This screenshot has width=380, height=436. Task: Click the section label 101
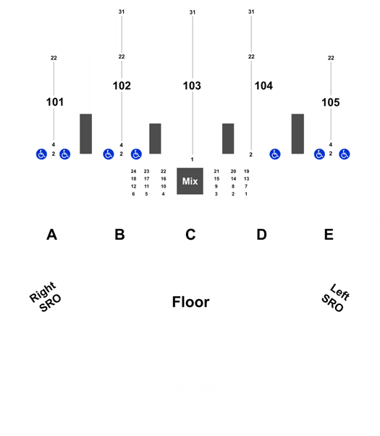[55, 102]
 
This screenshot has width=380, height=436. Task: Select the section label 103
[192, 85]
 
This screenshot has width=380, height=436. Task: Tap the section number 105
[331, 102]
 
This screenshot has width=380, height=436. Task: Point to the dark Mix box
[190, 181]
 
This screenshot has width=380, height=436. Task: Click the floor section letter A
[51, 235]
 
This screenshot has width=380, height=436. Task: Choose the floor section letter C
[190, 235]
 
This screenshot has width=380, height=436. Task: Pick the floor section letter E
[329, 235]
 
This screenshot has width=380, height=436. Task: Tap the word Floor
[190, 302]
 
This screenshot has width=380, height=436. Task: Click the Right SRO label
[46, 297]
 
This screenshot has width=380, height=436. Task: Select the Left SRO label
[336, 298]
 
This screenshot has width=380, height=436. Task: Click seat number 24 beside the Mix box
[133, 171]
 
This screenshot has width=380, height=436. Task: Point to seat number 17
[146, 179]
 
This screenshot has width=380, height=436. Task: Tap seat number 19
[246, 171]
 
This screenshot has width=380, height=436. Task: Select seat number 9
[216, 186]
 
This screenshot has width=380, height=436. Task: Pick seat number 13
[246, 179]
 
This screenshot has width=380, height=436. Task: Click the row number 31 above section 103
[193, 12]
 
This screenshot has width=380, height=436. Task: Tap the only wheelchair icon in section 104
[275, 154]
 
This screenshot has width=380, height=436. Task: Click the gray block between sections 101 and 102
[86, 134]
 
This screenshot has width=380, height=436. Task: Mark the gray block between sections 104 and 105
[297, 134]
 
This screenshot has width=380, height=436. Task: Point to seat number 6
[133, 194]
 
